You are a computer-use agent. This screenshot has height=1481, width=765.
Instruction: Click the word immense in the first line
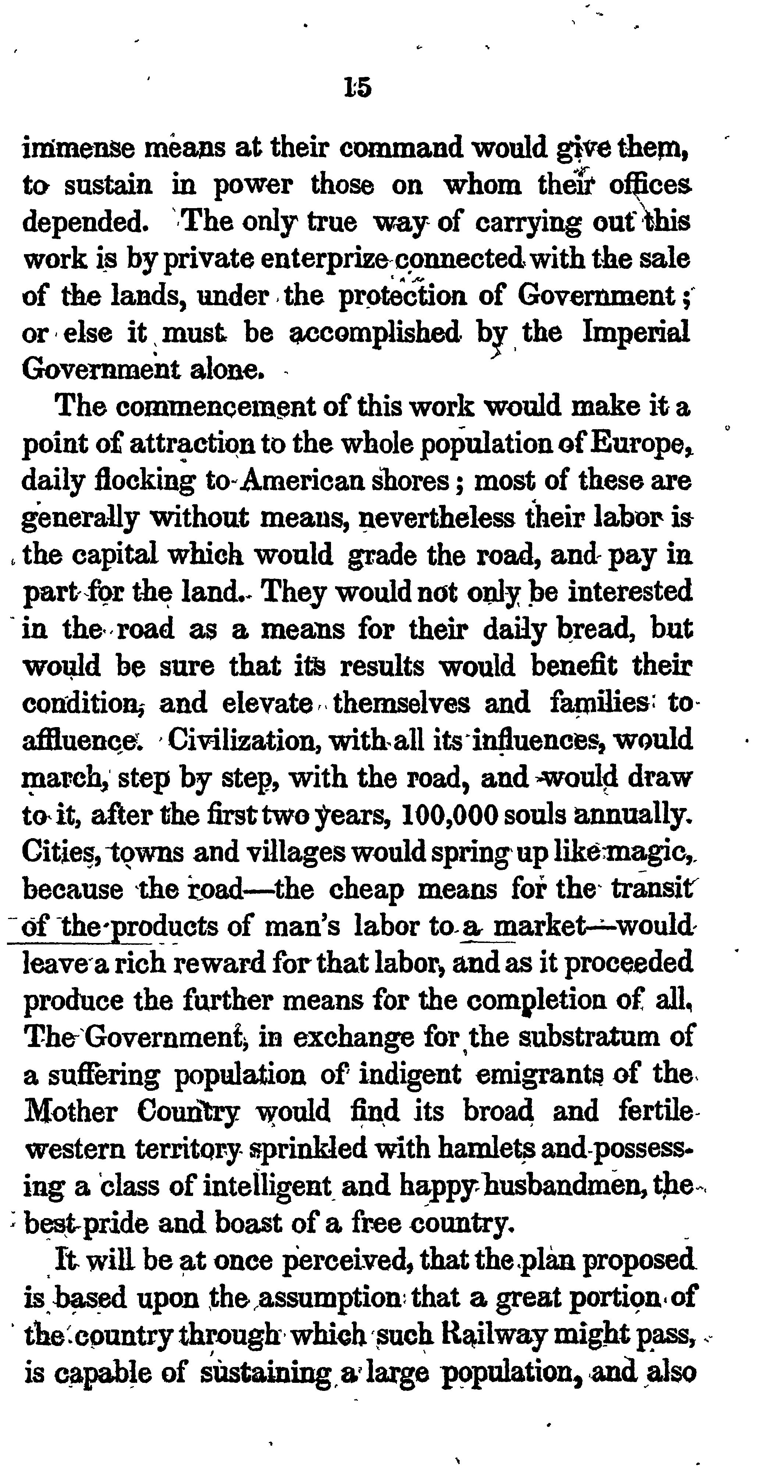78,149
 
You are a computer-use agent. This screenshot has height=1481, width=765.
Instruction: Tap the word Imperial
636,332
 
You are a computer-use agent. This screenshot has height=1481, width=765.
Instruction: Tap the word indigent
409,1074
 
